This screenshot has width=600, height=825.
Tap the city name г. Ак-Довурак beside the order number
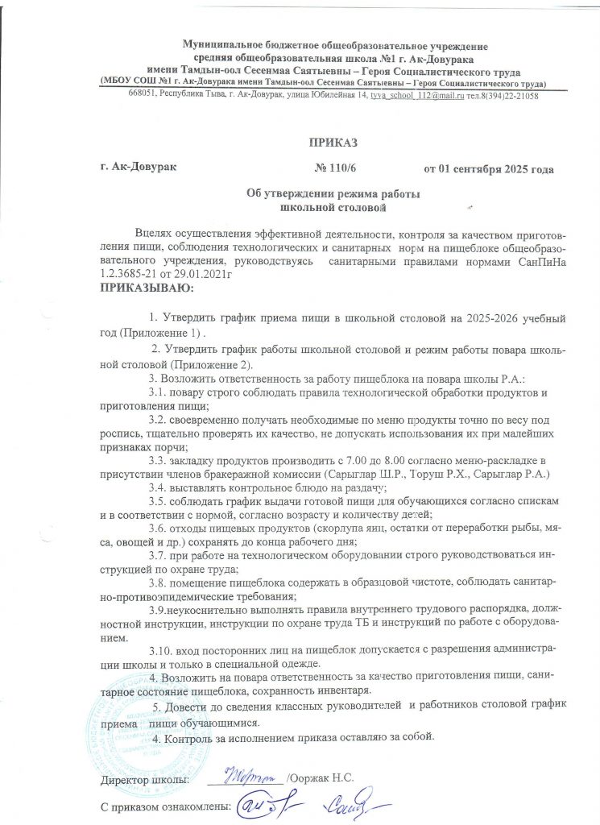pyautogui.click(x=134, y=168)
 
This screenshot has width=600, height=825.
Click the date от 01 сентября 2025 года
pyautogui.click(x=488, y=169)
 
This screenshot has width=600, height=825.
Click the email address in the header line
pyautogui.click(x=423, y=95)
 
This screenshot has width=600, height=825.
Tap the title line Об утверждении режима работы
pyautogui.click(x=333, y=194)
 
